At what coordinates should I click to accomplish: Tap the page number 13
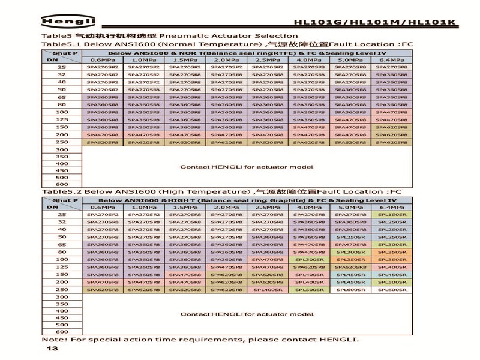[x=52, y=349]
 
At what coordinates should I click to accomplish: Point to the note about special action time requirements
[x=200, y=340]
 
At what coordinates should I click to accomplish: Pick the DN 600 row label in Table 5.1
[x=62, y=184]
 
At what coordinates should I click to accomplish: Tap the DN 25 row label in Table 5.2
[x=62, y=214]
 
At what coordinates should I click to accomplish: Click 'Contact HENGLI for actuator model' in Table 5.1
[x=238, y=167]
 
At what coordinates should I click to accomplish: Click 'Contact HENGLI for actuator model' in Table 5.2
[x=238, y=314]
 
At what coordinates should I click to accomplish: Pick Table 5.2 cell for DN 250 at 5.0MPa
[x=350, y=289]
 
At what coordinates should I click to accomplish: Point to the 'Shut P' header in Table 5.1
[x=70, y=53]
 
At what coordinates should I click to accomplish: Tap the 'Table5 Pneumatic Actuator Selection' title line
[x=170, y=36]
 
